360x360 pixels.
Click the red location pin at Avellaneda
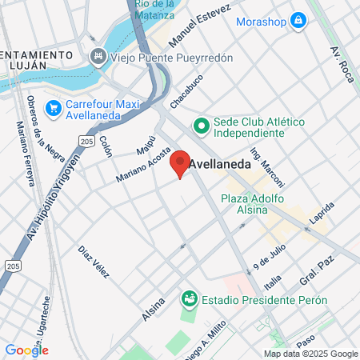[x=180, y=162]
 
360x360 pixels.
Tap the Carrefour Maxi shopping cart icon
[x=54, y=107]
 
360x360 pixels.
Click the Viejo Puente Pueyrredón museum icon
[x=98, y=56]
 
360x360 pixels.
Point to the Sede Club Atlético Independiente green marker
[x=201, y=126]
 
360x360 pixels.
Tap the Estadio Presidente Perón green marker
[x=190, y=299]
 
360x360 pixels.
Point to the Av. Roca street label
[x=339, y=63]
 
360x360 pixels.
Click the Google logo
[x=26, y=350]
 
